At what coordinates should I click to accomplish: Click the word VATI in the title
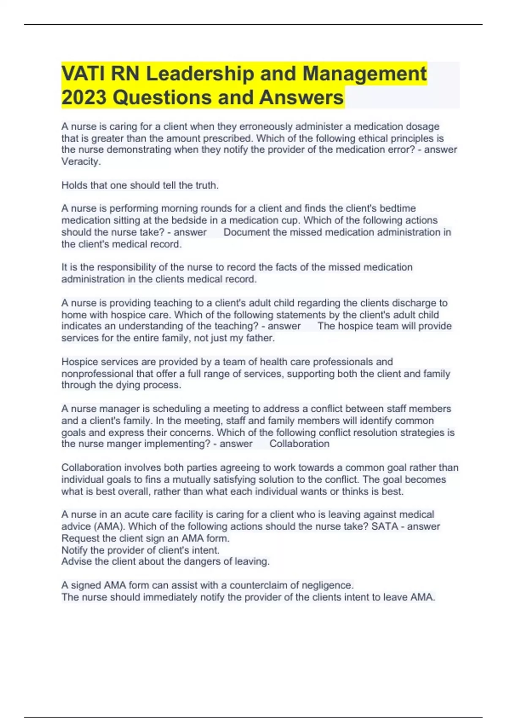[x=82, y=73]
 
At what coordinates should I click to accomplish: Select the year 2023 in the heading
[x=84, y=98]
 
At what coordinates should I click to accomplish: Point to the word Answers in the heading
[x=301, y=98]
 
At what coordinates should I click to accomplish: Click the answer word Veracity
[x=81, y=161]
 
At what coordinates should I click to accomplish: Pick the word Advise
[x=76, y=561]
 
